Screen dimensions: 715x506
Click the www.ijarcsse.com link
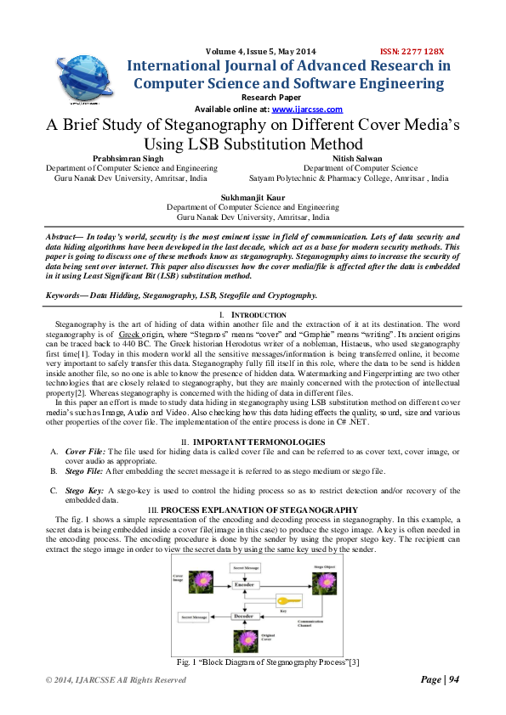(x=307, y=110)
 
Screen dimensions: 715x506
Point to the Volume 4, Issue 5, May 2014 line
(x=255, y=50)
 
